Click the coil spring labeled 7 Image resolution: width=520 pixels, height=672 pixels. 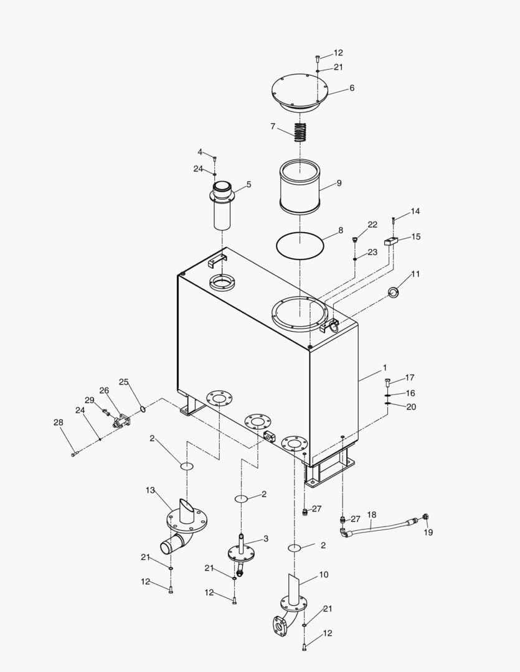click(x=301, y=132)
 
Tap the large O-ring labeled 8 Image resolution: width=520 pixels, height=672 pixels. click(x=300, y=243)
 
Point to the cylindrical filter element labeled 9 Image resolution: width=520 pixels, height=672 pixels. click(x=300, y=187)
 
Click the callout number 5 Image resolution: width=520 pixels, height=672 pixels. click(x=248, y=185)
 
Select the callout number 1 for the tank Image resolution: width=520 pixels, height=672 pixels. click(x=385, y=368)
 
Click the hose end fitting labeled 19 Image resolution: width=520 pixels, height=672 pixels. click(x=426, y=517)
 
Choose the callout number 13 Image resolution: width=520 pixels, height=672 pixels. click(x=150, y=490)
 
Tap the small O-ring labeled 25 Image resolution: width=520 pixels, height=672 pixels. click(x=143, y=409)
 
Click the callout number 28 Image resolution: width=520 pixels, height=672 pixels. click(x=59, y=422)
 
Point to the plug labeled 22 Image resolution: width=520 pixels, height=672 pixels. click(x=355, y=238)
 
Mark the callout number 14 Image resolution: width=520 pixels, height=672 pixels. click(x=415, y=212)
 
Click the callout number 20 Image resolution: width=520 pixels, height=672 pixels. click(x=410, y=407)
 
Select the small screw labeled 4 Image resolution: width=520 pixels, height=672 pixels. click(x=214, y=159)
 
